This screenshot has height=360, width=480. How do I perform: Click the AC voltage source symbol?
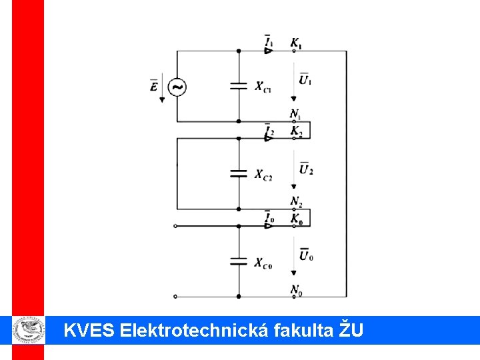point(177,87)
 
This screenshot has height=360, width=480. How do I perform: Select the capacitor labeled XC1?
point(239,85)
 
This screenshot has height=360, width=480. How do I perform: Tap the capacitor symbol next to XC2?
point(239,173)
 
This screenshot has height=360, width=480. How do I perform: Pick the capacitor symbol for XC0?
point(239,261)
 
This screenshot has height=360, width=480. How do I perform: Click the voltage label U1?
point(305,79)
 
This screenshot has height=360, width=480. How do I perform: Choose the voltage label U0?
point(306,255)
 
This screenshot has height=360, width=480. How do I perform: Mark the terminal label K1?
point(295,43)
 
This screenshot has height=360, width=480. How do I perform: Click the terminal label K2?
point(296,131)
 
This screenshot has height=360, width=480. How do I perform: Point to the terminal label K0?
point(296,219)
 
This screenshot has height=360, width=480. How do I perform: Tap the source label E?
point(155,86)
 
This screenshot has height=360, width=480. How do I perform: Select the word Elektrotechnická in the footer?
point(195,329)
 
